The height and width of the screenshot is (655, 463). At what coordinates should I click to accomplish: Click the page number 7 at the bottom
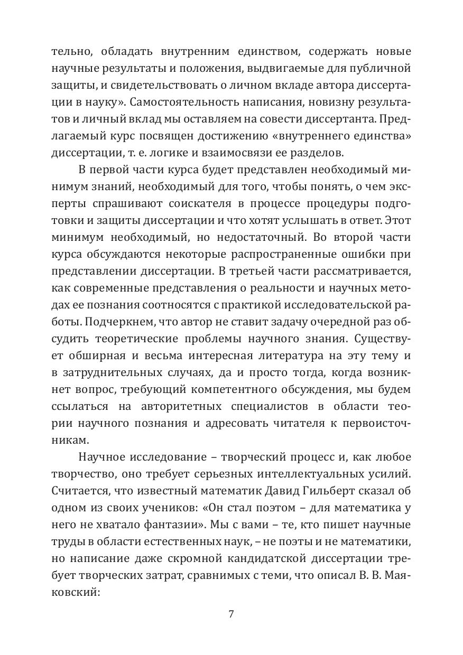click(x=231, y=614)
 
